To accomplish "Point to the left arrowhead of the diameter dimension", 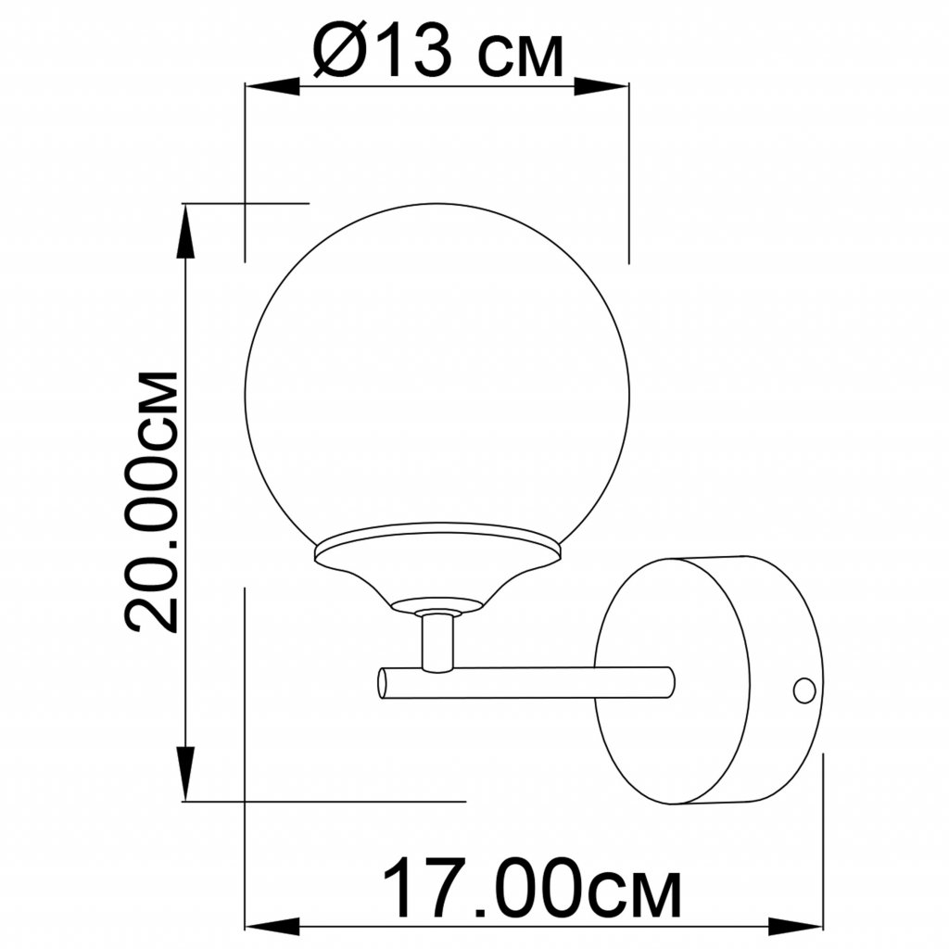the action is [x=272, y=86].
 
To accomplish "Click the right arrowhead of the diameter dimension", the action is [x=601, y=86].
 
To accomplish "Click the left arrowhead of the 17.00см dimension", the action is [x=272, y=926].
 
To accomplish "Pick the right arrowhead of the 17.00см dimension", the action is [x=795, y=926].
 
